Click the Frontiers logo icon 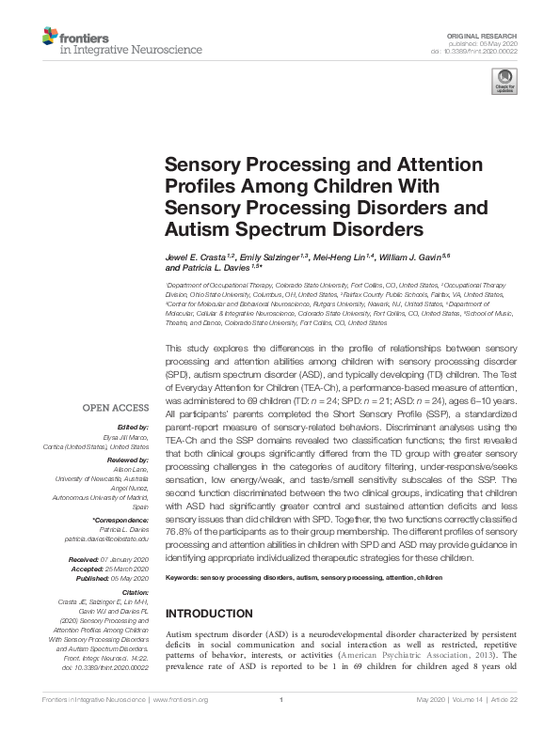tap(51, 37)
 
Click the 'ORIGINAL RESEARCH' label tap(488, 33)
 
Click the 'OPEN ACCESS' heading tap(116, 409)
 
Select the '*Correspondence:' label tap(122, 521)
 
